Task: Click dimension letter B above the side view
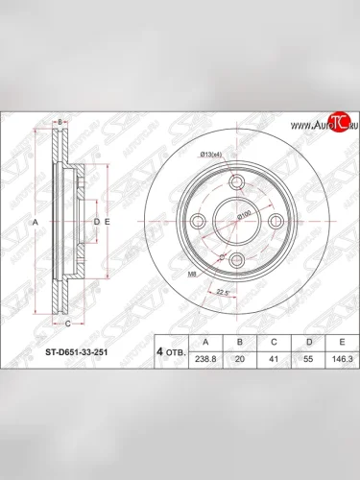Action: tap(60, 122)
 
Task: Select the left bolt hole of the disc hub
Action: tap(198, 222)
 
